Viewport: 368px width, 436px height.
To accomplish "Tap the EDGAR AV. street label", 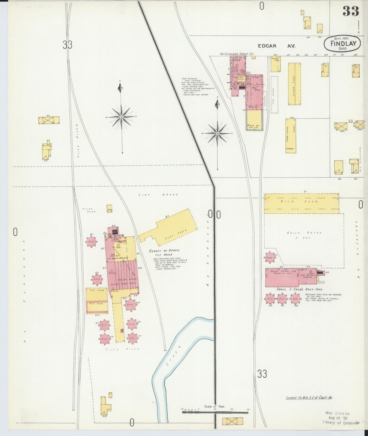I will click(276, 46).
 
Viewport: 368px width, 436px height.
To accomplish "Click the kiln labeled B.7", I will click(91, 241).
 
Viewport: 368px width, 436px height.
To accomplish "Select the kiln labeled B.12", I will click(97, 279).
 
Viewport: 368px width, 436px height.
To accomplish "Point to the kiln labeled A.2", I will click(269, 258).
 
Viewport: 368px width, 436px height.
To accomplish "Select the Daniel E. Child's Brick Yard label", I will click(299, 289).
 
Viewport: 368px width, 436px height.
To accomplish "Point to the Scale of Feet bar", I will click(215, 412).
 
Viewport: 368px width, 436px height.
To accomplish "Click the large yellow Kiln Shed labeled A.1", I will click(301, 203).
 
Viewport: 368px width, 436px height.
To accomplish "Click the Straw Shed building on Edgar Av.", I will click(294, 84).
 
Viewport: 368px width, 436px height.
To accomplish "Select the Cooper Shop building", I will click(275, 64).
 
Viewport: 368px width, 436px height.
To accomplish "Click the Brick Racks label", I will click(304, 233).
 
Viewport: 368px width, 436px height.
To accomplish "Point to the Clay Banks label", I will click(158, 195).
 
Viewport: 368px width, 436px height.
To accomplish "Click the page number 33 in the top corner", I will click(351, 11).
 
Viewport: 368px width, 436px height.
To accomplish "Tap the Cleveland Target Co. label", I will click(237, 54).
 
